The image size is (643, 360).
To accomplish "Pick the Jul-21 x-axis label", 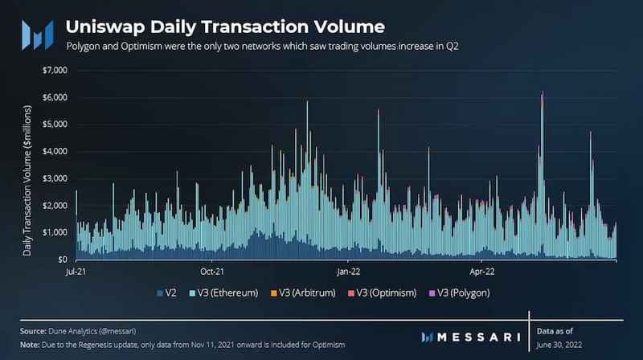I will click(76, 272).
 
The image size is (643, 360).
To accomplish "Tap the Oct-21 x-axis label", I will click(212, 272).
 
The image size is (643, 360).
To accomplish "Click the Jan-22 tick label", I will click(349, 272).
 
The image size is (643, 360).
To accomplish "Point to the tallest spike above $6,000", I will click(543, 94).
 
